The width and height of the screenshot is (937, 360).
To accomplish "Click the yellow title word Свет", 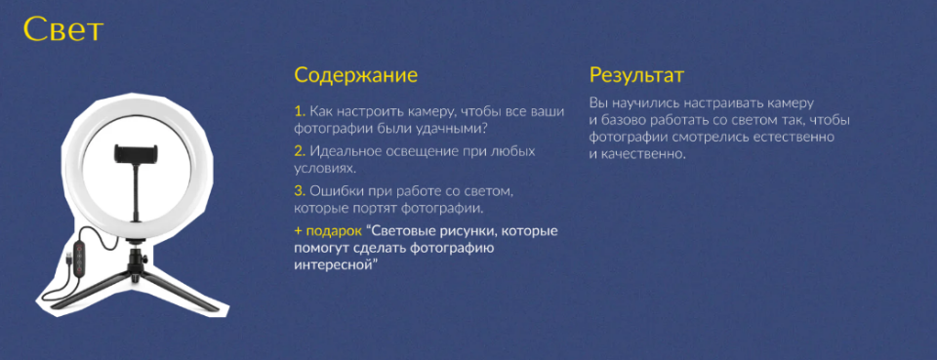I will pyautogui.click(x=62, y=31).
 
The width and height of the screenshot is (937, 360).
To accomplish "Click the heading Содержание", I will pyautogui.click(x=355, y=75).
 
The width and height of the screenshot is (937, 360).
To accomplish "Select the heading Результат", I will pyautogui.click(x=636, y=75).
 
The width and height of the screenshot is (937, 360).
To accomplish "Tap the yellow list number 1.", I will pyautogui.click(x=299, y=112).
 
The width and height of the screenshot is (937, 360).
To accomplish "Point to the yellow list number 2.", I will pyautogui.click(x=300, y=151).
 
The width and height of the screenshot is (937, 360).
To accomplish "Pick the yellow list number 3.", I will pyautogui.click(x=300, y=189).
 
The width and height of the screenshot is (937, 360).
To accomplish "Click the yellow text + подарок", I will pyautogui.click(x=328, y=230).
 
